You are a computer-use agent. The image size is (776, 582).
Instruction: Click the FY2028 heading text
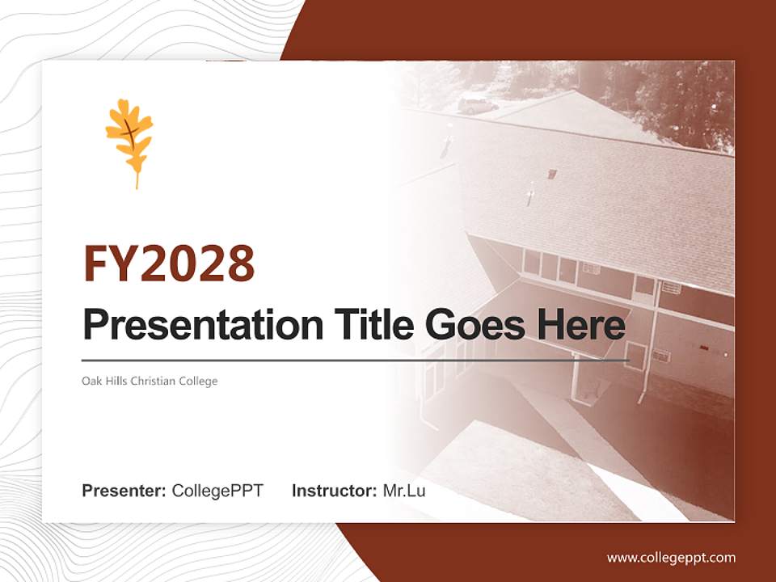pyautogui.click(x=169, y=264)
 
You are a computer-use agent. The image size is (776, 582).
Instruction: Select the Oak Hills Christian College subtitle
pyautogui.click(x=150, y=381)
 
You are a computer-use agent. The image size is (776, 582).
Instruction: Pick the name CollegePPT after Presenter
pyautogui.click(x=217, y=491)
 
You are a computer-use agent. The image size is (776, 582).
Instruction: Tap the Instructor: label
pyautogui.click(x=334, y=491)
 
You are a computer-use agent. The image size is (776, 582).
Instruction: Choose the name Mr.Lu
pyautogui.click(x=403, y=491)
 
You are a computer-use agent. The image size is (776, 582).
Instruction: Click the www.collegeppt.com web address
pyautogui.click(x=671, y=558)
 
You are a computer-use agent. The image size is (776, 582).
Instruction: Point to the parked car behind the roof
pyautogui.click(x=475, y=104)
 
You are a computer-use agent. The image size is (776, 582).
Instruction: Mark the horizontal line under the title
pyautogui.click(x=356, y=361)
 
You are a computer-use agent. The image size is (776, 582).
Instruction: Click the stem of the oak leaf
pyautogui.click(x=137, y=179)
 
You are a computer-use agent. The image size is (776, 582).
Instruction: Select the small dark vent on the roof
pyautogui.click(x=552, y=174)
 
